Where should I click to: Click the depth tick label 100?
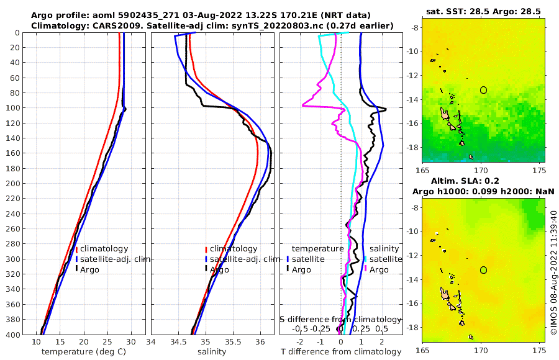pyautogui.click(x=13, y=108)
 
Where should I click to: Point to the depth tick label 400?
pyautogui.click(x=13, y=335)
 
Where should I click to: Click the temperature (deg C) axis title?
pyautogui.click(x=85, y=352)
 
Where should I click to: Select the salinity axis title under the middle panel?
pyautogui.click(x=212, y=352)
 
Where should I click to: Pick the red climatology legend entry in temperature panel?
pyautogui.click(x=102, y=249)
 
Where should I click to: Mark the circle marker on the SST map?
pyautogui.click(x=483, y=90)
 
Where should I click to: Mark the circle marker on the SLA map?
pyautogui.click(x=483, y=270)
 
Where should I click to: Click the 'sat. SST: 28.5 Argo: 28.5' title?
pyautogui.click(x=483, y=11)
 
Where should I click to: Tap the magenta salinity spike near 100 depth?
pyautogui.click(x=304, y=105)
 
